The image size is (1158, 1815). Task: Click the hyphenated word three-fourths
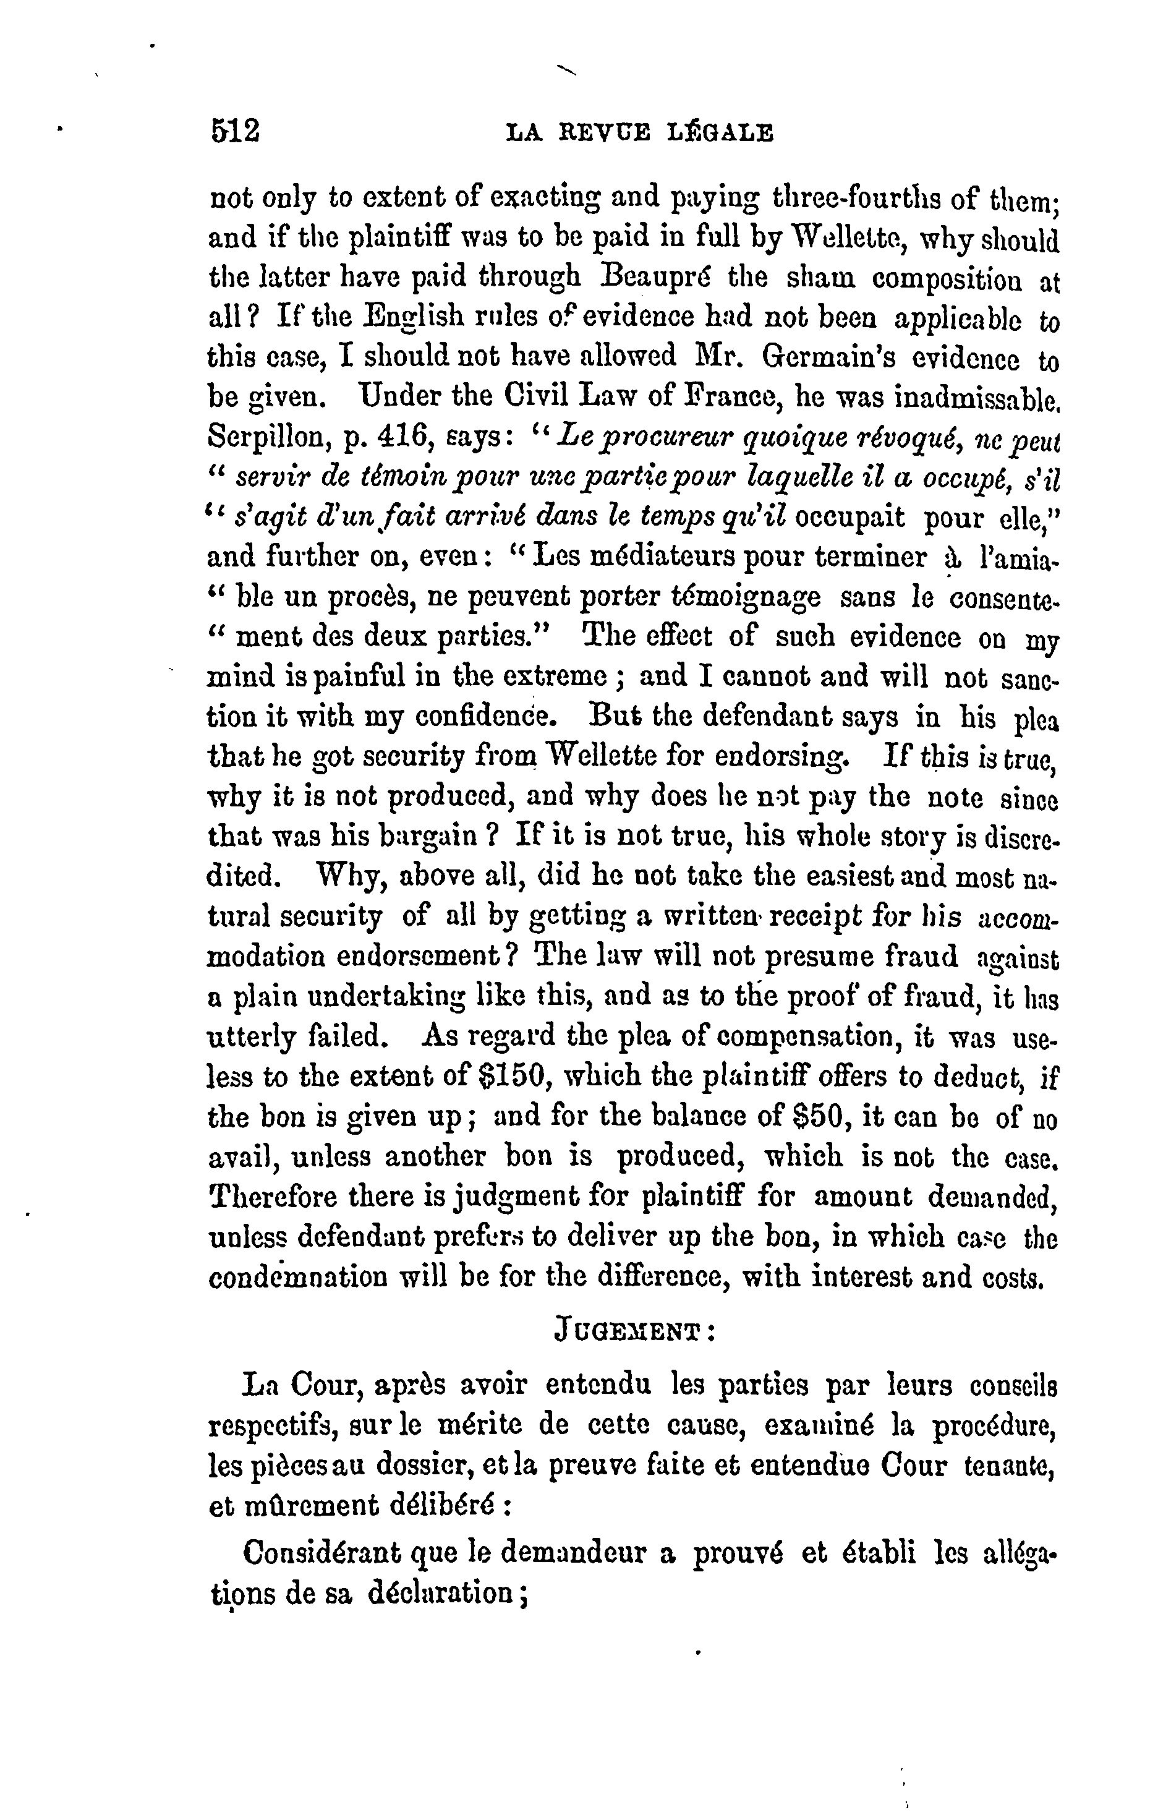coord(865,199)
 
